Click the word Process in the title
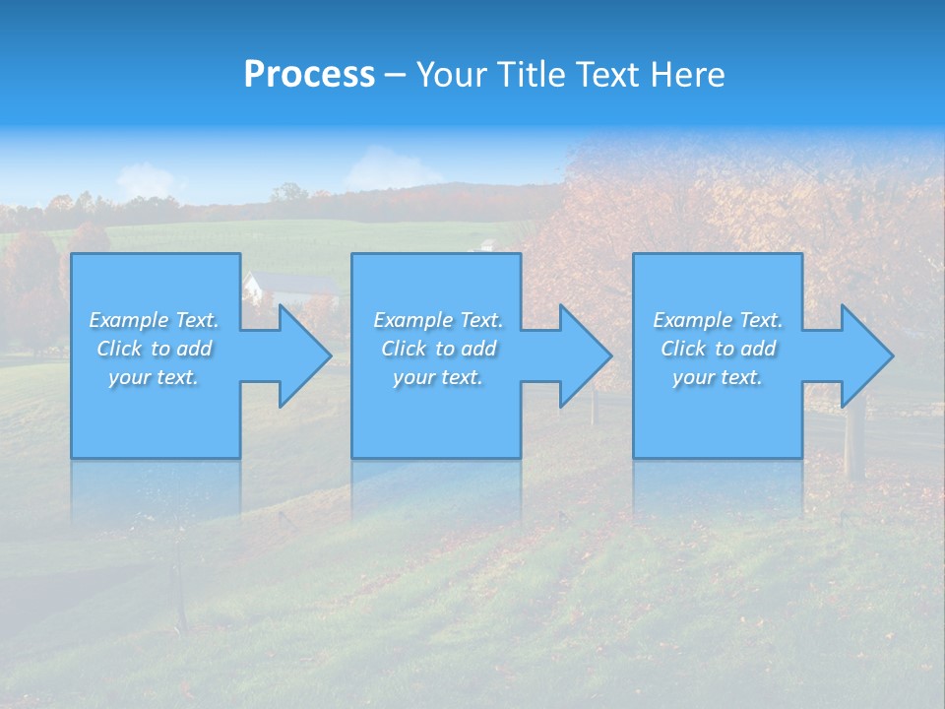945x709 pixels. [x=309, y=75]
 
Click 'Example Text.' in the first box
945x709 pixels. [x=154, y=320]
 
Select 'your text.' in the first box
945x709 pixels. [x=154, y=377]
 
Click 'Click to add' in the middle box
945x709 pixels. [x=438, y=349]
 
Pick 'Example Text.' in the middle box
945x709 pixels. [x=438, y=320]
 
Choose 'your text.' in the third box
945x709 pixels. [x=718, y=377]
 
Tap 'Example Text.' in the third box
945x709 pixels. [x=718, y=320]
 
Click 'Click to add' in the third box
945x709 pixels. [x=718, y=349]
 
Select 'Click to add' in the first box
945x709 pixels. [x=154, y=349]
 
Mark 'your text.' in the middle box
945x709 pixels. [x=438, y=377]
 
